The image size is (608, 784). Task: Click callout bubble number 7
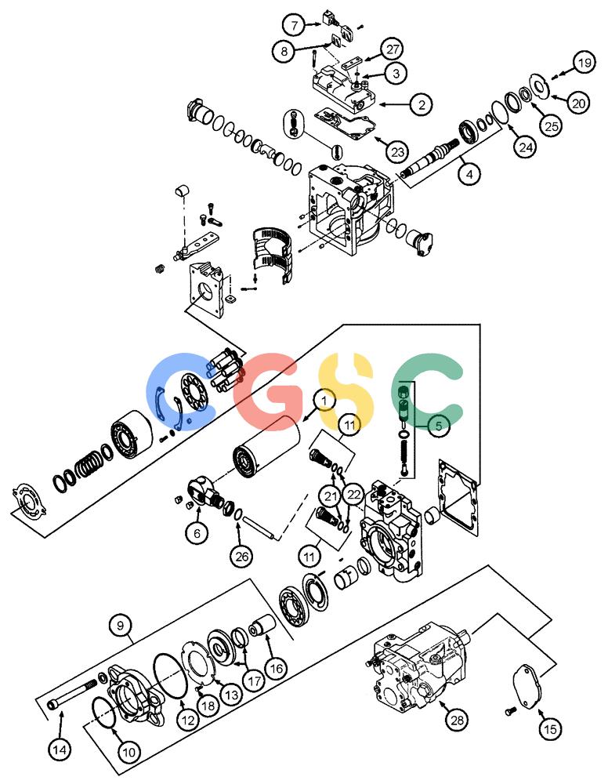pos(295,24)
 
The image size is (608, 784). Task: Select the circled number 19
pos(584,63)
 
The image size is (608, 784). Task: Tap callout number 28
pos(457,720)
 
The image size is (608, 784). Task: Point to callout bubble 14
pos(60,750)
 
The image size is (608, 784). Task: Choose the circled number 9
pos(121,626)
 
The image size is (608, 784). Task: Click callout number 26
pos(242,556)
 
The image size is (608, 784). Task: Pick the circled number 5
pos(439,426)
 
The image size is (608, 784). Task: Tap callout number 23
pos(398,151)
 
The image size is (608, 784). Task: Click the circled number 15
pos(551,729)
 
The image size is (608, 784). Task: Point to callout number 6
pos(197,533)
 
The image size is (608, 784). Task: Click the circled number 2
pos(422,104)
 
